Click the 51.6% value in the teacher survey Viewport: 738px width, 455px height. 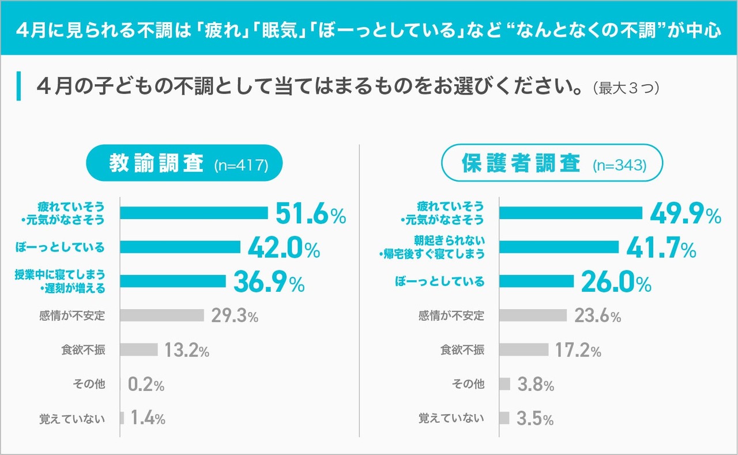point(310,214)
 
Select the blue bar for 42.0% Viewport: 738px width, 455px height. point(180,247)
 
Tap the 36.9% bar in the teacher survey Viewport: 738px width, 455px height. point(173,281)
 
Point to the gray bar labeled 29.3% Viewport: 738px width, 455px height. point(162,315)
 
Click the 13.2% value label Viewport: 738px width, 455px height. point(186,350)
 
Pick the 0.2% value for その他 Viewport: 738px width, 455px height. point(146,385)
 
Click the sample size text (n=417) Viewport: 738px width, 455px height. point(241,167)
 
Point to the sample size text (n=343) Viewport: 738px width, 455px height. point(619,167)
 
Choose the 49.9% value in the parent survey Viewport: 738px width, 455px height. point(685,214)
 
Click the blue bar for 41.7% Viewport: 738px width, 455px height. point(559,247)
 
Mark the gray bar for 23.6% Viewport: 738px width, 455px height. point(533,315)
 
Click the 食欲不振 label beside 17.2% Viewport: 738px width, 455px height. point(462,350)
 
